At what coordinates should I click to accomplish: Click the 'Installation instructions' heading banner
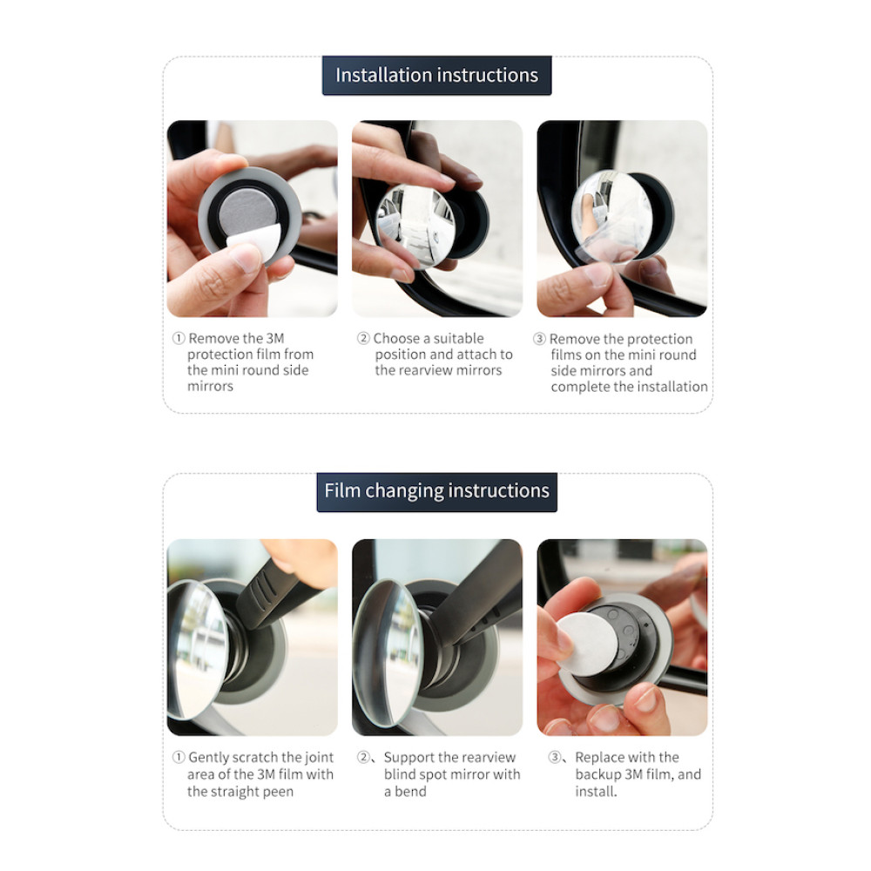[436, 76]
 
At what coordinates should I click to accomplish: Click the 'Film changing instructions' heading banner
[436, 491]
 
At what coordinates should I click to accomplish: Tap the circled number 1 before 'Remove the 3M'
[179, 338]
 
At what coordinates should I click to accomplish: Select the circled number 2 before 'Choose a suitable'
[363, 338]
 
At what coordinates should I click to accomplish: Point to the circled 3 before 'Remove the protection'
[539, 338]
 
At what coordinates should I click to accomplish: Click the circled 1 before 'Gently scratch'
[179, 757]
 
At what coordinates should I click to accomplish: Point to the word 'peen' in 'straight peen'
[279, 792]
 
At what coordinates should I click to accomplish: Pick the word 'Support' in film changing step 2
[408, 759]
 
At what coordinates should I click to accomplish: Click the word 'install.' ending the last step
[596, 792]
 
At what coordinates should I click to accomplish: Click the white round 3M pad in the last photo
[587, 644]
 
